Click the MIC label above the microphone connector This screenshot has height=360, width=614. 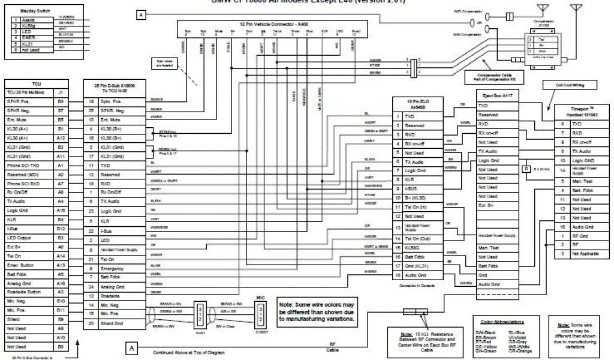(x=260, y=297)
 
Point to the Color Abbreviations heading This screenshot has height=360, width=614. (x=498, y=321)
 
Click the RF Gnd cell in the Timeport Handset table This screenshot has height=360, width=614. (x=580, y=236)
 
